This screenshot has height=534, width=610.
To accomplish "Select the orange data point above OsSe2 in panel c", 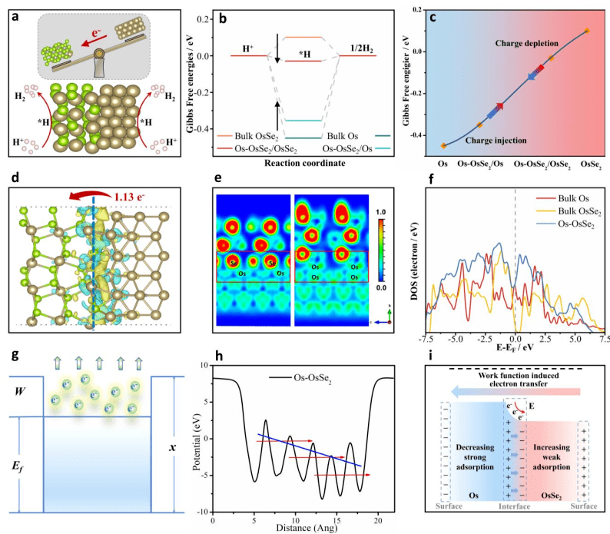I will (586, 31).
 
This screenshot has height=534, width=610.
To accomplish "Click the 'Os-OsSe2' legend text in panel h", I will (315, 379).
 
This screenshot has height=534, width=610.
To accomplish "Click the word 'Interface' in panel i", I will (510, 516).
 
